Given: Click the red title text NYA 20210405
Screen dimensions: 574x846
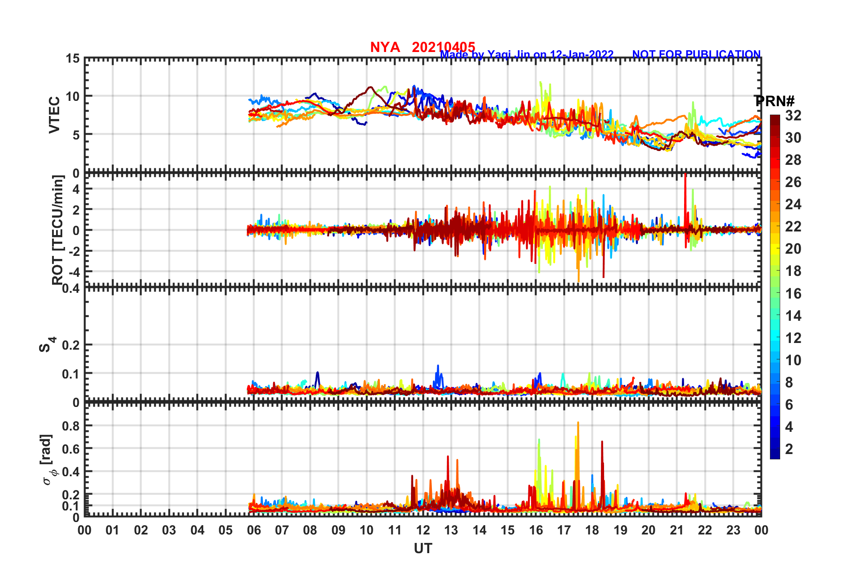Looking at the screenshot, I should click(423, 47).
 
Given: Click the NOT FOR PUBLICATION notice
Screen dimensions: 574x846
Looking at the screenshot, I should click(696, 54).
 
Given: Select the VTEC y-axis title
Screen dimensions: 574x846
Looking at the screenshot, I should click(54, 115).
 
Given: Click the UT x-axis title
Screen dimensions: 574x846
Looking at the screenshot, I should click(423, 549).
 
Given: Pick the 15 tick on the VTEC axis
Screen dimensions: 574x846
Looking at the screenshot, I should click(73, 59).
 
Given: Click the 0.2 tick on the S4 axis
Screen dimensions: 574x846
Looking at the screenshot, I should click(71, 345).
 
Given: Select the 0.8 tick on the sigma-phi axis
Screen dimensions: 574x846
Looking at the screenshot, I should click(71, 426).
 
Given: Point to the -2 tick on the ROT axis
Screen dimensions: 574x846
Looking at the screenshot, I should click(73, 251).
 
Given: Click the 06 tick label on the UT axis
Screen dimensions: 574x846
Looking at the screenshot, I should click(254, 530).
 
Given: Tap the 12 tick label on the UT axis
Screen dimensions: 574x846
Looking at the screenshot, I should click(423, 530).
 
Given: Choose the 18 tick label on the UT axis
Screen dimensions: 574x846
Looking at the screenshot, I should click(592, 530).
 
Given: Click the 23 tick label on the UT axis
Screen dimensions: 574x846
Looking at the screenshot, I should click(733, 530).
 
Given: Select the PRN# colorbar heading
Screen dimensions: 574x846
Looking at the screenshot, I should click(774, 101).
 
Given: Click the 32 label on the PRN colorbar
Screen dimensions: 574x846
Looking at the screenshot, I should click(793, 116).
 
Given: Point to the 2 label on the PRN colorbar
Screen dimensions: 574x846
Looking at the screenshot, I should click(789, 449).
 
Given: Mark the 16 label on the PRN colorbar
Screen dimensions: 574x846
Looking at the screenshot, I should click(793, 294).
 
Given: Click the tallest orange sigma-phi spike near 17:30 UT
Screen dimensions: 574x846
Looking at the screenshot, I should click(578, 423).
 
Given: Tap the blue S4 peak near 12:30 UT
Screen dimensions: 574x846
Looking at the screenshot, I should click(438, 366).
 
